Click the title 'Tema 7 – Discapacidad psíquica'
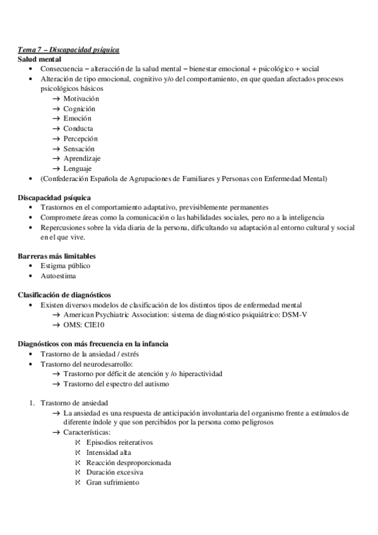point(68,49)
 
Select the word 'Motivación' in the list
point(81,98)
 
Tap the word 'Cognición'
point(79,109)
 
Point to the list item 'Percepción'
point(80,138)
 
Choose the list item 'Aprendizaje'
point(81,158)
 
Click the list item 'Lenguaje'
point(78,168)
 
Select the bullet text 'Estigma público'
point(65,266)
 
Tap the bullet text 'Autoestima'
point(57,276)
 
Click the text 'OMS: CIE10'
point(83,325)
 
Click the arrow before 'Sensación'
point(57,148)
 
